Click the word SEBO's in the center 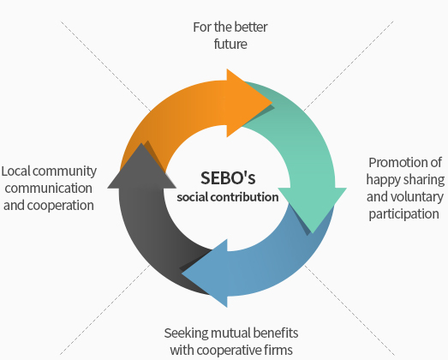pos(228,177)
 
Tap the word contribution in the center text pos(245,197)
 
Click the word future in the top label pos(230,44)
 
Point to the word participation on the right pos(403,214)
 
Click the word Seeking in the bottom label pos(186,333)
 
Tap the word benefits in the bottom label pos(276,333)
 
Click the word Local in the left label pos(15,171)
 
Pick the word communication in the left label pos(48,189)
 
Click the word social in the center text pos(192,197)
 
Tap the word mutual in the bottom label pos(230,333)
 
